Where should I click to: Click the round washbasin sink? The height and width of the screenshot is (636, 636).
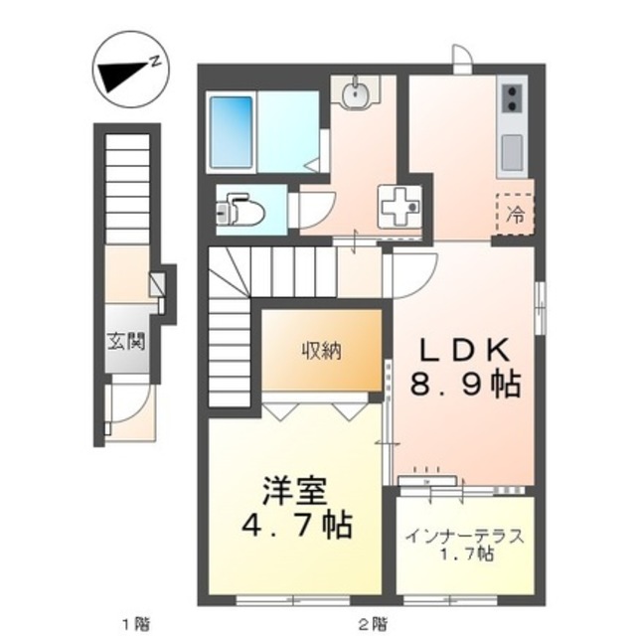[357, 95]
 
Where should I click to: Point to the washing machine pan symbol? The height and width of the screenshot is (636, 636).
[401, 207]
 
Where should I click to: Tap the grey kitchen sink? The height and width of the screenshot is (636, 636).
[513, 152]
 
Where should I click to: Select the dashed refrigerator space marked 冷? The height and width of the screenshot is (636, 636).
[516, 213]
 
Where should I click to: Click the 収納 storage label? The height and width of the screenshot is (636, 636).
[322, 350]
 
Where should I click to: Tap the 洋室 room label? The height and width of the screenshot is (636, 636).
[295, 491]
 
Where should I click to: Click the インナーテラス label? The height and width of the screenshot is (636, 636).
[464, 538]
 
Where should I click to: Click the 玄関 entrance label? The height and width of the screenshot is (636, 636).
[127, 344]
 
